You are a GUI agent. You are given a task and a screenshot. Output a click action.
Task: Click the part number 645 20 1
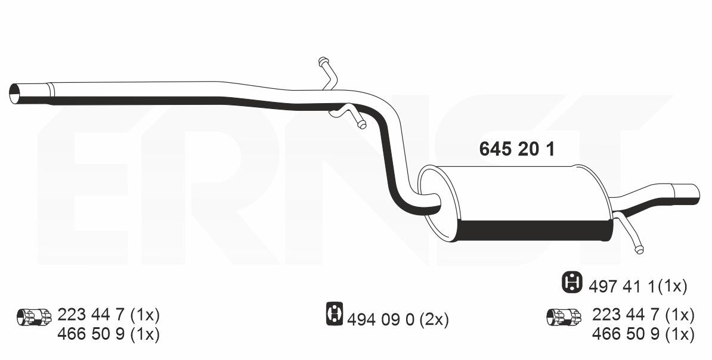[517, 149]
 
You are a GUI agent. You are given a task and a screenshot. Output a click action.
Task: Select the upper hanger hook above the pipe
[329, 73]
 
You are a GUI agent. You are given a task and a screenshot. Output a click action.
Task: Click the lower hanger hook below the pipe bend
[349, 115]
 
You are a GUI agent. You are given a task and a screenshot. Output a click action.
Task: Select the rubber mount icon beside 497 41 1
[572, 283]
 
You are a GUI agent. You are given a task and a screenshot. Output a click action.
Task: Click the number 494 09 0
[380, 320]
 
